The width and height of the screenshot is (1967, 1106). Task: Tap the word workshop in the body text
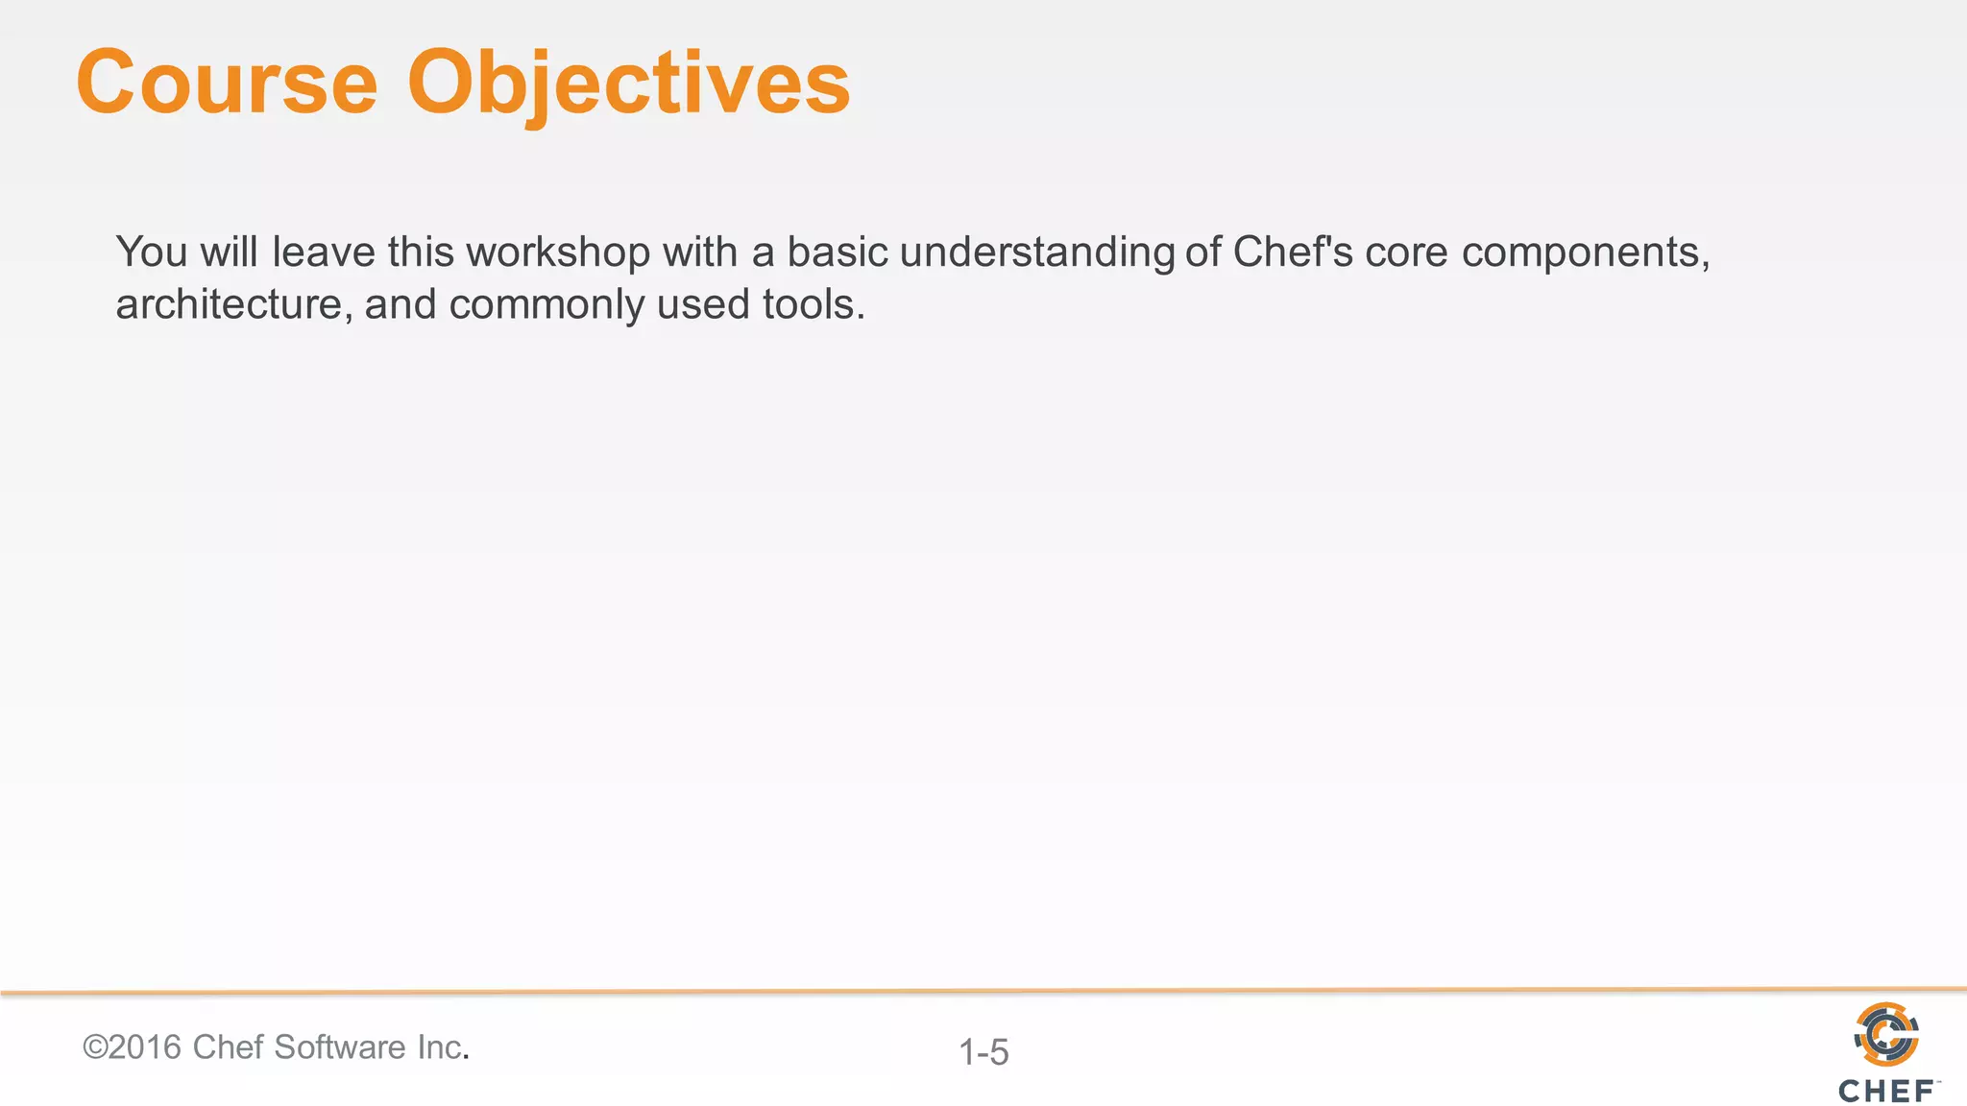pos(558,252)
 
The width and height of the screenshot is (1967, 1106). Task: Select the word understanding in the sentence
pos(1036,252)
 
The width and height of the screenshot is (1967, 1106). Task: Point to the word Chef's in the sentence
pos(1293,252)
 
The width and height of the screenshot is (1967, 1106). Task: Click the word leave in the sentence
pos(324,252)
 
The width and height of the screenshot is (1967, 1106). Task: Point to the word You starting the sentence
pos(152,252)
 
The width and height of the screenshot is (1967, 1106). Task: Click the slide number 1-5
pos(983,1052)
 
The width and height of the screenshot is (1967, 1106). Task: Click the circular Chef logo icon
pos(1886,1034)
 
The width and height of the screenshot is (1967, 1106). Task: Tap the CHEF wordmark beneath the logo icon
pos(1886,1092)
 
